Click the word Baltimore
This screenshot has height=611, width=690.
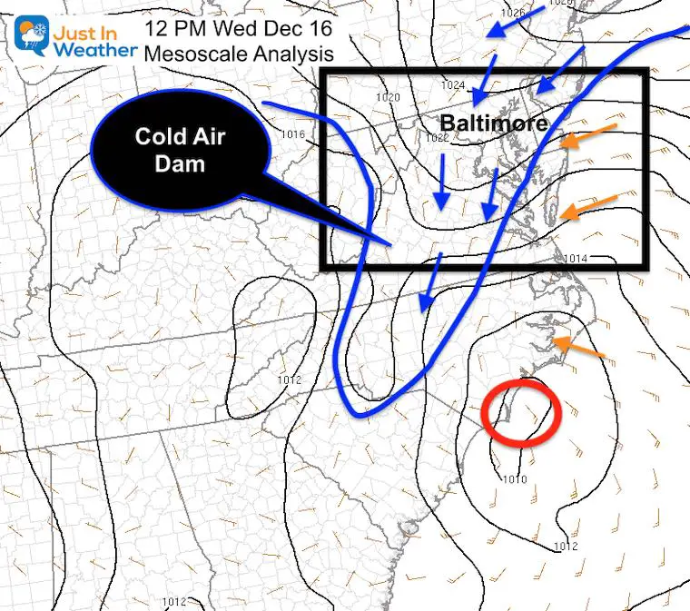pyautogui.click(x=494, y=123)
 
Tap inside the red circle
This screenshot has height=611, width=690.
pyautogui.click(x=522, y=412)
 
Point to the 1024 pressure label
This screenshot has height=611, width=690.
pyautogui.click(x=453, y=85)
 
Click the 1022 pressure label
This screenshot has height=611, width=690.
pyautogui.click(x=437, y=138)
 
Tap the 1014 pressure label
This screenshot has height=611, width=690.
pyautogui.click(x=575, y=259)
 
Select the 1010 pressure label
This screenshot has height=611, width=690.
pyautogui.click(x=515, y=478)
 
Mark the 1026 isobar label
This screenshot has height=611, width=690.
pyautogui.click(x=512, y=13)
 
